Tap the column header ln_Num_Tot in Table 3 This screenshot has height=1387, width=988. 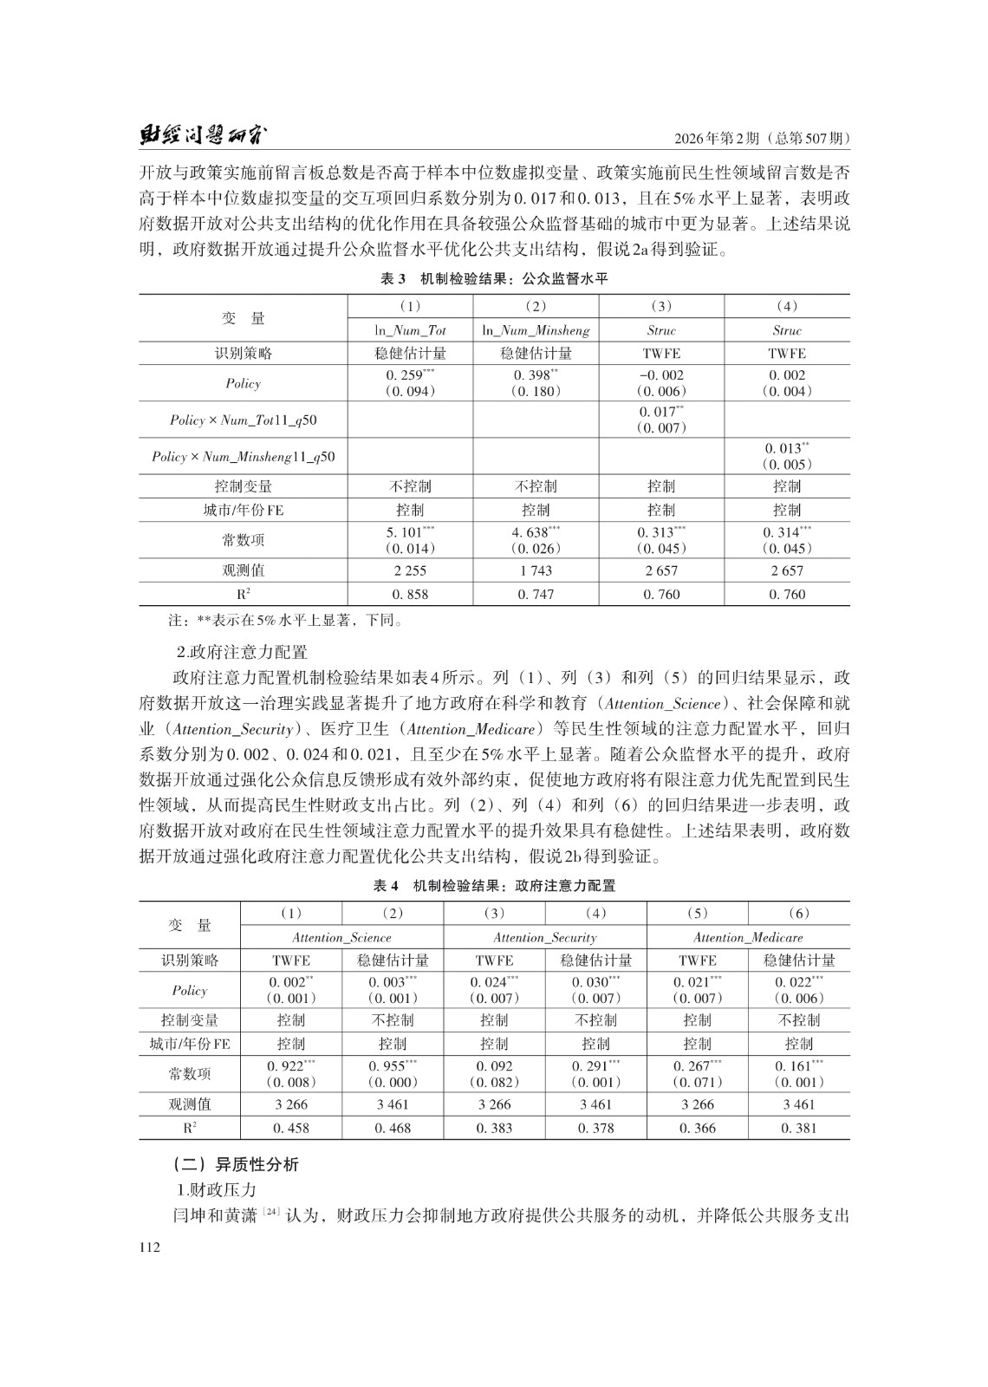point(410,330)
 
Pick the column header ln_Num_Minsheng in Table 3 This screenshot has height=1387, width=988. point(536,330)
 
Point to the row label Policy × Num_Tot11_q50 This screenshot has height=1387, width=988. point(244,420)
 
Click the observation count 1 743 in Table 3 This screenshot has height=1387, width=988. point(536,570)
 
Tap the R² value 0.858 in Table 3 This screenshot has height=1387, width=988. point(410,595)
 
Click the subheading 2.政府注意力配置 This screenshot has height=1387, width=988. point(242,652)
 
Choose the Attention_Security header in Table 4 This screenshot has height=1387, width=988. point(544,937)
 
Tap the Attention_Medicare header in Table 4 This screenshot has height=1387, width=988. point(748,937)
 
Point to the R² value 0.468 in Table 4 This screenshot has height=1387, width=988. point(393,1128)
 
